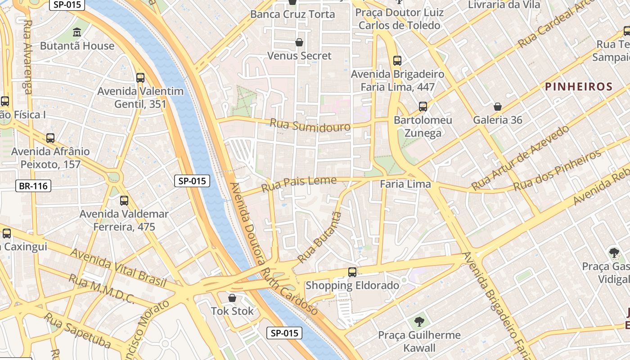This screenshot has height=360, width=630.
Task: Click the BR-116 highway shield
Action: pyautogui.click(x=33, y=186)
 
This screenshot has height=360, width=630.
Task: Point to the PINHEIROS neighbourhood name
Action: pyautogui.click(x=579, y=87)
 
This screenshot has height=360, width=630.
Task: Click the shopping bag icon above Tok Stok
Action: pyautogui.click(x=232, y=298)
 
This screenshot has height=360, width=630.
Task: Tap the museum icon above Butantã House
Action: pyautogui.click(x=77, y=32)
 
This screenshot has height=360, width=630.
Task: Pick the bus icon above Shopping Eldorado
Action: pyautogui.click(x=352, y=272)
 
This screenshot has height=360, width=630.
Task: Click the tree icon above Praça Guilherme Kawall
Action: pyautogui.click(x=419, y=322)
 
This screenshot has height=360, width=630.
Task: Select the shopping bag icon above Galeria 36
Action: pyautogui.click(x=498, y=107)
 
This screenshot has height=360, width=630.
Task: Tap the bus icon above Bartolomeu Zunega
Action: pyautogui.click(x=423, y=107)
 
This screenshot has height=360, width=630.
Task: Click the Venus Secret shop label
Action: pyautogui.click(x=299, y=56)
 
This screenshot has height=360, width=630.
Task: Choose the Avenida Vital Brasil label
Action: pyautogui.click(x=118, y=268)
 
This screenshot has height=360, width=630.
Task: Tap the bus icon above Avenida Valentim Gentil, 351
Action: pyautogui.click(x=140, y=77)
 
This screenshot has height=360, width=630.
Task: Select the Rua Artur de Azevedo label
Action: pyautogui.click(x=520, y=158)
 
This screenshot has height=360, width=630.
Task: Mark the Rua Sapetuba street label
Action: pyautogui.click(x=77, y=331)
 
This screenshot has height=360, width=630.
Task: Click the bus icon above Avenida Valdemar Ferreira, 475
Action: pyautogui.click(x=124, y=201)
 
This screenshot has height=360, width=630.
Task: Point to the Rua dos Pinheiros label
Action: pyautogui.click(x=558, y=170)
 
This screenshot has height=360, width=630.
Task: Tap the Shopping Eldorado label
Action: pyautogui.click(x=352, y=285)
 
